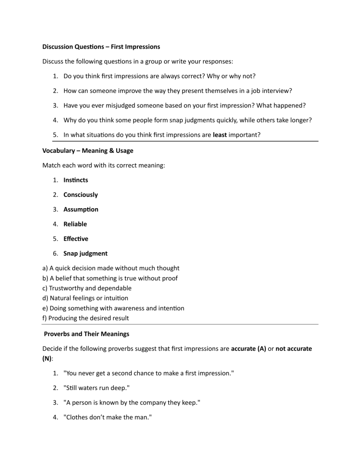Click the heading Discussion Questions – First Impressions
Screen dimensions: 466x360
(x=101, y=47)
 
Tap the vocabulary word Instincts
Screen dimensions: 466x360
(x=75, y=180)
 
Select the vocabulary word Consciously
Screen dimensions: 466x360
(x=81, y=195)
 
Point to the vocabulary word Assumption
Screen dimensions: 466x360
(x=81, y=209)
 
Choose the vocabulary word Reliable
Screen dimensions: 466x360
(x=75, y=224)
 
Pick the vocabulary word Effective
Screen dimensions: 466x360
(x=76, y=239)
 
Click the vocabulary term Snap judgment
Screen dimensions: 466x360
(x=85, y=254)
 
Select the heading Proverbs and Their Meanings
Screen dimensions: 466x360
(x=87, y=334)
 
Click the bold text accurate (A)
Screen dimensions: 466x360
(x=251, y=349)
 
